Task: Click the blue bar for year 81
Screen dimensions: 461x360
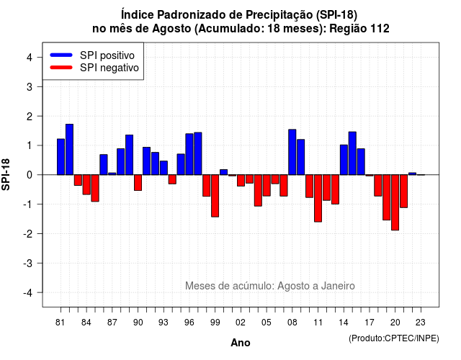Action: [x=61, y=157]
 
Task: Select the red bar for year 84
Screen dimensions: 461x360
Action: [x=86, y=184]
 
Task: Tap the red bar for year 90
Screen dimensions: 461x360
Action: [x=138, y=182]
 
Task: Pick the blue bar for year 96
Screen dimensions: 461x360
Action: [x=189, y=154]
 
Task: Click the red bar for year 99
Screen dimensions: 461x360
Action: [x=215, y=196]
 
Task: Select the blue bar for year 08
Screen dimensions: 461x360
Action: [x=292, y=152]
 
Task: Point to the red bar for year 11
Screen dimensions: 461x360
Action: [x=318, y=199]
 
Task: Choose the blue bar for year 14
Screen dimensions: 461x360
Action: [x=344, y=160]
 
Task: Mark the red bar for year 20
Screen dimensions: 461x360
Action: [x=395, y=202]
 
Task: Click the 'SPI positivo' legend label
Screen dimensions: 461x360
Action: [x=107, y=55]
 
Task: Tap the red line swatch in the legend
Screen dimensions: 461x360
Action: [x=61, y=68]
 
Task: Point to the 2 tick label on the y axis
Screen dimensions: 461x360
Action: [x=30, y=117]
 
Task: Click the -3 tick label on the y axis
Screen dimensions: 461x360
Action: [x=28, y=264]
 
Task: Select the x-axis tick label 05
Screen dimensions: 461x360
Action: [x=267, y=323]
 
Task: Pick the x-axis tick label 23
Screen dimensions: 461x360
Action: [x=421, y=323]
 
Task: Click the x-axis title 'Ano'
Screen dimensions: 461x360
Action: [x=241, y=343]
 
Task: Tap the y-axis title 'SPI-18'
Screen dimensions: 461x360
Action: [x=6, y=174]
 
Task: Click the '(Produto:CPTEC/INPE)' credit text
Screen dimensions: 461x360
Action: [x=394, y=338]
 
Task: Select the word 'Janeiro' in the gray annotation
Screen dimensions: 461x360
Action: [x=338, y=286]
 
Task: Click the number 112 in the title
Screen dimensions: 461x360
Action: [x=380, y=29]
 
